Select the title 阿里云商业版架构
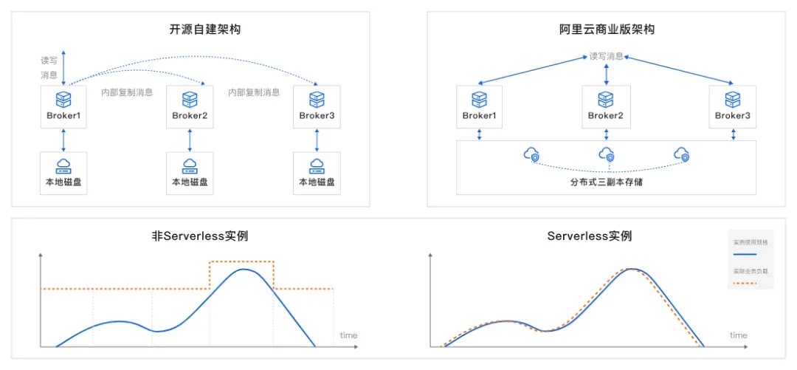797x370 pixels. click(607, 30)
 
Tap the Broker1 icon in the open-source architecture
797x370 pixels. click(64, 99)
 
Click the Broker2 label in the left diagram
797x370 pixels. click(190, 116)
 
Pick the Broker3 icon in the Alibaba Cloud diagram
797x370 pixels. click(732, 99)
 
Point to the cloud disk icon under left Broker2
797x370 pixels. click(190, 165)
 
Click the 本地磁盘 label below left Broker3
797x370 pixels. click(317, 182)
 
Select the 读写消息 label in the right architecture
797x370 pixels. click(606, 56)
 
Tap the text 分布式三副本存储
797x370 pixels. click(606, 182)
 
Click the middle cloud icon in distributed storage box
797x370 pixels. click(606, 154)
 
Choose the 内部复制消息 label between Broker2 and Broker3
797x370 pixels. click(254, 93)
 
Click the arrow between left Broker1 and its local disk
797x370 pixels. click(64, 139)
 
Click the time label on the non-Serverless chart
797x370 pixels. click(348, 335)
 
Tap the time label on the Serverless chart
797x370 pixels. click(738, 335)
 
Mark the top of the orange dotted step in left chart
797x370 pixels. click(241, 261)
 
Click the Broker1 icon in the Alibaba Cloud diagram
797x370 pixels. click(480, 99)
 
